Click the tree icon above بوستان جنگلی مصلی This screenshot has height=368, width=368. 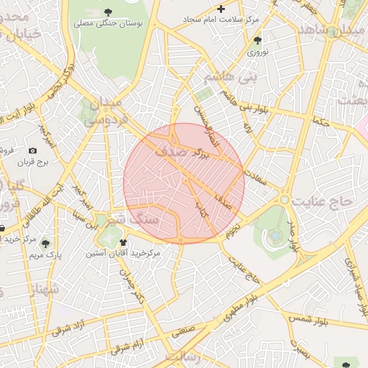(108, 11)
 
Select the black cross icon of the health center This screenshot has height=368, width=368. (221, 9)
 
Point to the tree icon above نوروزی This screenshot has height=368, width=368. (258, 40)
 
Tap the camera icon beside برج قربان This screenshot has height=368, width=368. (32, 150)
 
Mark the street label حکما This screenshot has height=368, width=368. (319, 121)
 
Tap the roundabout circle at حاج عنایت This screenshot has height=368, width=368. (285, 198)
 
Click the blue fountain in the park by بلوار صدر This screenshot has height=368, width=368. (276, 235)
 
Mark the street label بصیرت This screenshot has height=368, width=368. (302, 351)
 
